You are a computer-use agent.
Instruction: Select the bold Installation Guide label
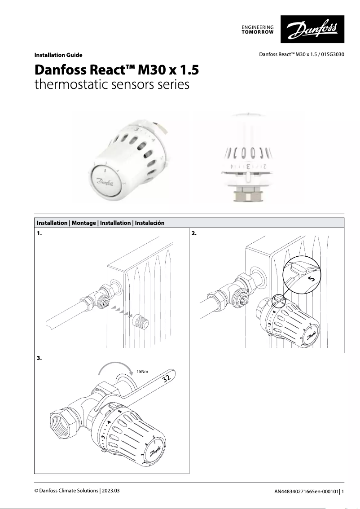58,55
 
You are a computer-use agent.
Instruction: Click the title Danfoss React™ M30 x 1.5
116,70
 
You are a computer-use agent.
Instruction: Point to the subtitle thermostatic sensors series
112,84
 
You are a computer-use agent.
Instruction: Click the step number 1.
39,234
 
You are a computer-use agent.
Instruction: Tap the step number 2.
194,234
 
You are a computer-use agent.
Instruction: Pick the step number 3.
39,359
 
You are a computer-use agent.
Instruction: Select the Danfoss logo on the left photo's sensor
104,182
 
